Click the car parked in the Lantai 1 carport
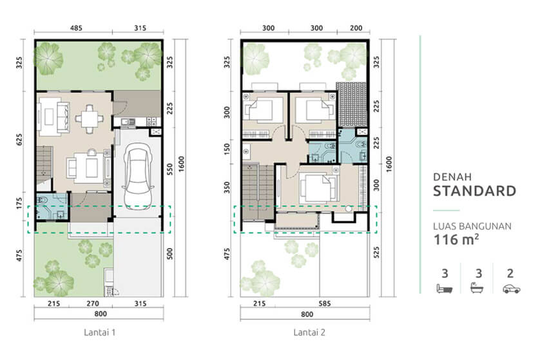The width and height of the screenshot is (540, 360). [138, 176]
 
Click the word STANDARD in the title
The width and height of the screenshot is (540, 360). [474, 191]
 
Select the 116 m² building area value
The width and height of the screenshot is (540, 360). [456, 239]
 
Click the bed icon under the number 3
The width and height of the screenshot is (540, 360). [445, 289]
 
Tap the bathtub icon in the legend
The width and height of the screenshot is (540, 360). [477, 288]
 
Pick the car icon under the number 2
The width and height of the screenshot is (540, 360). [511, 289]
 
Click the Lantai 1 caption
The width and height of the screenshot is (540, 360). [99, 332]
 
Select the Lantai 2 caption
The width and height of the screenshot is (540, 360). [309, 332]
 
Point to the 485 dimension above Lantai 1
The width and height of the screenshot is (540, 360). [76, 28]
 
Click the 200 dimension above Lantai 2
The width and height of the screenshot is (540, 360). [356, 28]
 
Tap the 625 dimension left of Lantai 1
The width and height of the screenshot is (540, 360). [19, 139]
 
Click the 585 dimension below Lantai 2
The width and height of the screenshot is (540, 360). [324, 303]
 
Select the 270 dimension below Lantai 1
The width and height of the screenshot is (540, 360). [93, 303]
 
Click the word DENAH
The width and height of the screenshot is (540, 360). [452, 177]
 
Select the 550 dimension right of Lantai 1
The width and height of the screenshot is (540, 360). [169, 169]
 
